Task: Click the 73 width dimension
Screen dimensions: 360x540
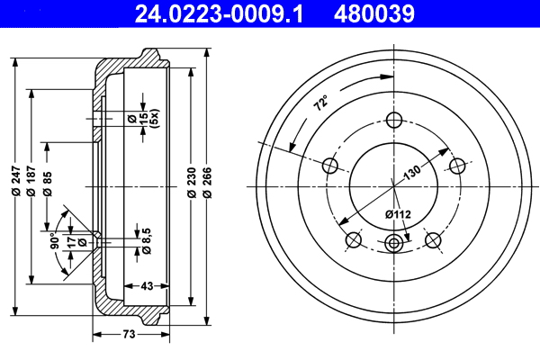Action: [x=129, y=335]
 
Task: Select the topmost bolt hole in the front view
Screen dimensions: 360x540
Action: [x=394, y=120]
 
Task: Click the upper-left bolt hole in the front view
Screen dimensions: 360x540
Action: [x=330, y=165]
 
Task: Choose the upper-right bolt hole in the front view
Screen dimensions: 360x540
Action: [x=458, y=165]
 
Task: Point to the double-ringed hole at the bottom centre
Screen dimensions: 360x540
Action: [x=394, y=242]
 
